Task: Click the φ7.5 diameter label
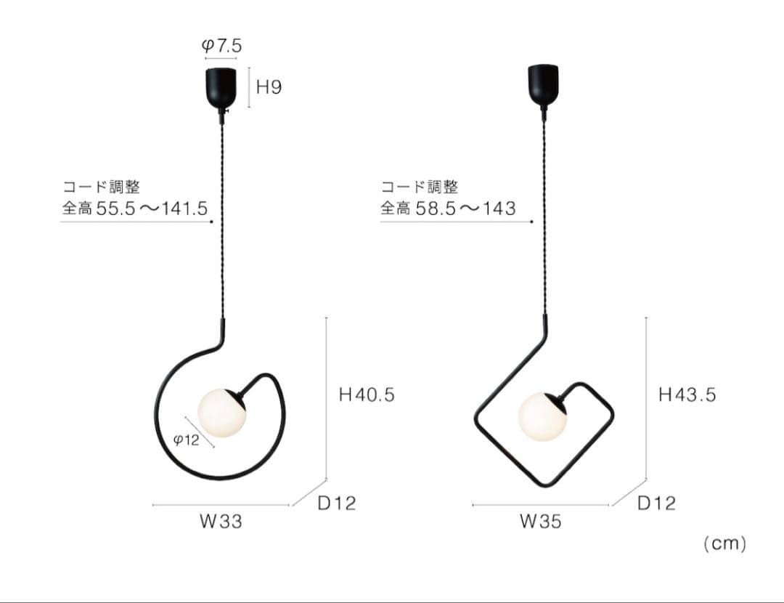[x=221, y=46]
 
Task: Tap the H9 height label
[x=269, y=87]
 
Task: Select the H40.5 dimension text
[x=367, y=394]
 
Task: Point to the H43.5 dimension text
[x=687, y=394]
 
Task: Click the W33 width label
[x=221, y=522]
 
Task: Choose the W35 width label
[x=541, y=522]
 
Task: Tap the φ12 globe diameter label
[x=186, y=440]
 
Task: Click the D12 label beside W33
[x=337, y=503]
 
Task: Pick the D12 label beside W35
[x=656, y=503]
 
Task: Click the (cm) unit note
[x=724, y=543]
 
